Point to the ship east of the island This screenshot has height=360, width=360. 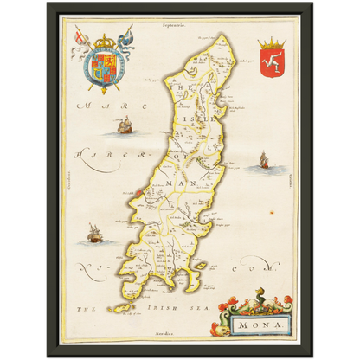(263, 161)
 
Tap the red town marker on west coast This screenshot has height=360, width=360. (138, 190)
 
